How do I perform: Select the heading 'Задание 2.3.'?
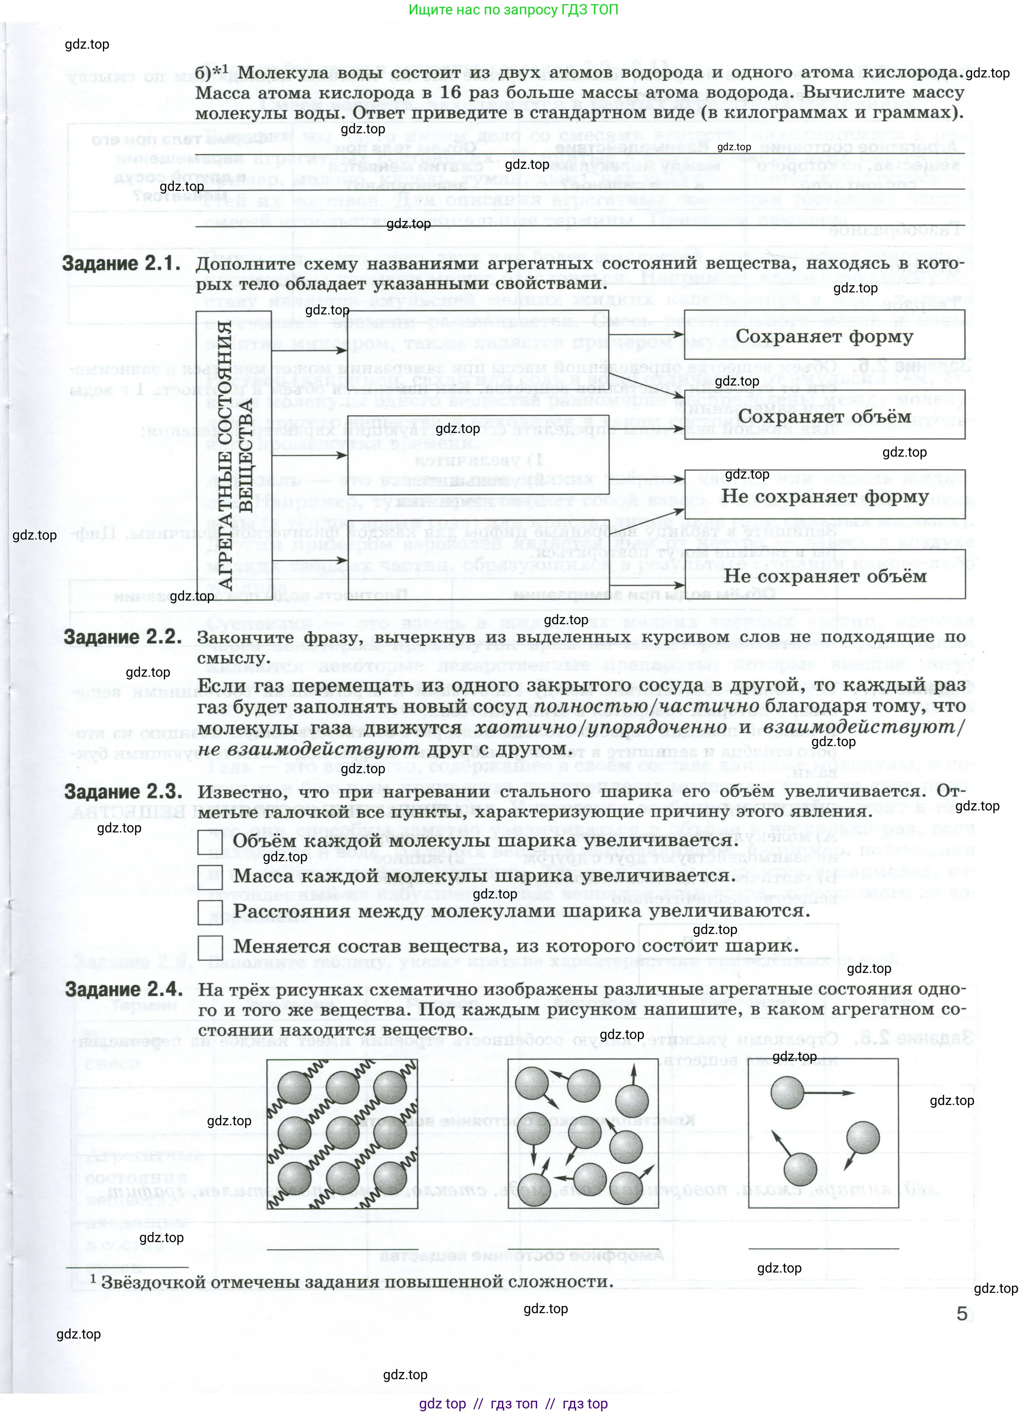click(x=123, y=792)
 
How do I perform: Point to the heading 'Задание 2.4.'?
click(x=124, y=989)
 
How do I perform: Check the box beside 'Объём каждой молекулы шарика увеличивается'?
click(x=210, y=841)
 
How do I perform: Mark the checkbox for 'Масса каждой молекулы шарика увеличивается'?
click(x=210, y=876)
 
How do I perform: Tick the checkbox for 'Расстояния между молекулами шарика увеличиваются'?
click(x=210, y=912)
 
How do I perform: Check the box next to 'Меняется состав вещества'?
click(x=210, y=947)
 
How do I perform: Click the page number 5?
click(x=962, y=1314)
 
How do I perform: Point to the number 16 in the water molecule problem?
click(x=450, y=92)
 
